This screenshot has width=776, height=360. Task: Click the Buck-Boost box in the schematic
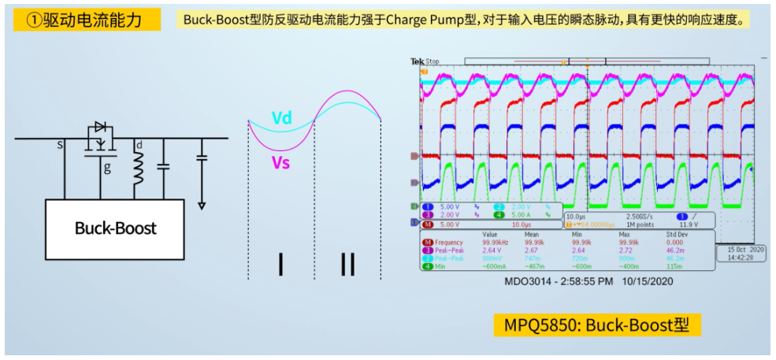pyautogui.click(x=115, y=228)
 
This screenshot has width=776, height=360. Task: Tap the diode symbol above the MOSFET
pyautogui.click(x=100, y=127)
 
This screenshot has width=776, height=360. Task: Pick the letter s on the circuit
pyautogui.click(x=60, y=146)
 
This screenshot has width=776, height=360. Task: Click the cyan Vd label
pyautogui.click(x=281, y=118)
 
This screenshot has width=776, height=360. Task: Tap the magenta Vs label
pyautogui.click(x=281, y=162)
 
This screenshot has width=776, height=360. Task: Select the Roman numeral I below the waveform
pyautogui.click(x=280, y=265)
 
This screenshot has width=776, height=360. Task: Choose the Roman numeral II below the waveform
pyautogui.click(x=347, y=265)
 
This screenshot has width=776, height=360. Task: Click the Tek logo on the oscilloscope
pyautogui.click(x=418, y=61)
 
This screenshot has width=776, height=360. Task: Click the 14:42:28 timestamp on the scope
pyautogui.click(x=741, y=257)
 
